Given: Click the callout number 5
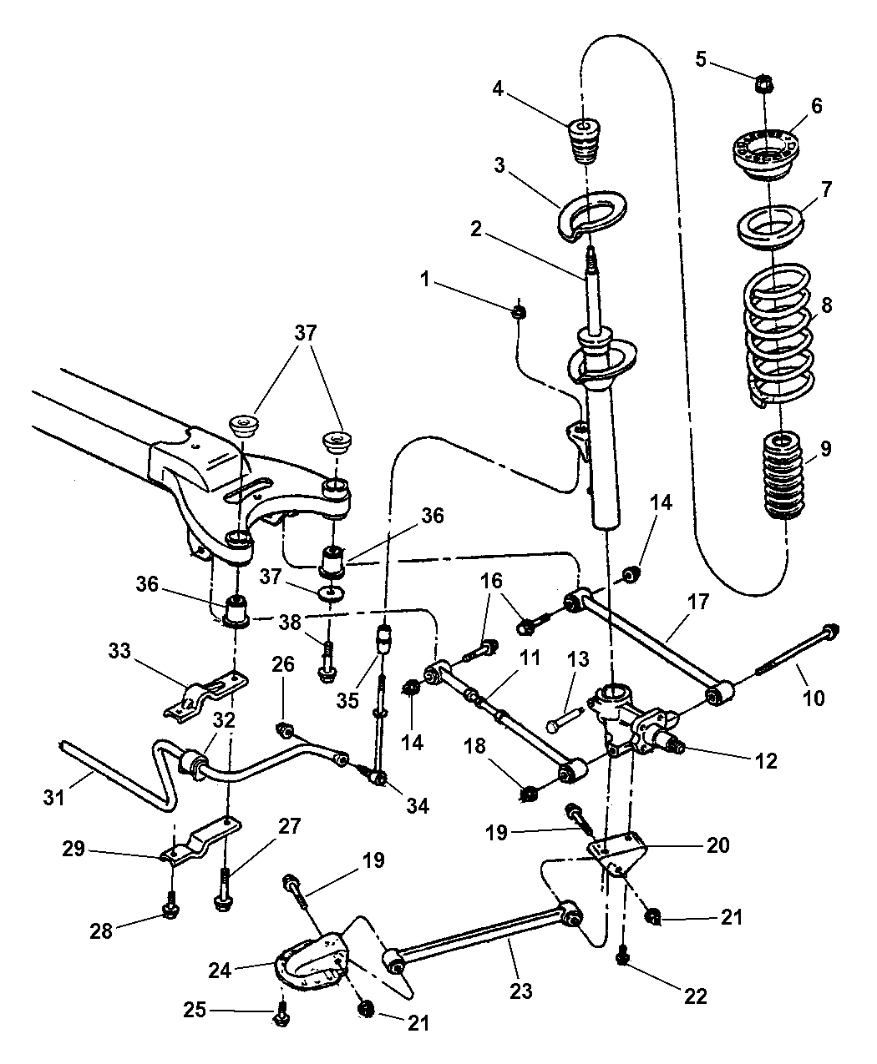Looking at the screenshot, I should pyautogui.click(x=701, y=59).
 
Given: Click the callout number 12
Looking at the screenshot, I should pyautogui.click(x=766, y=761).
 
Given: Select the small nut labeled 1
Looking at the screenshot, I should pyautogui.click(x=518, y=312).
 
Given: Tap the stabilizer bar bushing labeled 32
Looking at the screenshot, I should pyautogui.click(x=194, y=762).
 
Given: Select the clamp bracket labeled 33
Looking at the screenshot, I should pyautogui.click(x=205, y=689).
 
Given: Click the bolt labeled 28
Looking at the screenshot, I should pyautogui.click(x=170, y=907).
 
